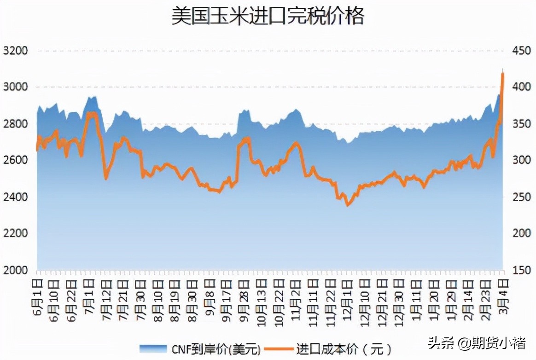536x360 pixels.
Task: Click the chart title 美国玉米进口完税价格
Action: (x=268, y=16)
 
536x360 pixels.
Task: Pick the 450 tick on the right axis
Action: (x=522, y=51)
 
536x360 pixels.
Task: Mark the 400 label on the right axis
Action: (x=522, y=87)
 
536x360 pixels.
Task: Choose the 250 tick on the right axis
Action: (x=522, y=197)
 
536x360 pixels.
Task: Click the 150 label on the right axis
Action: (x=522, y=270)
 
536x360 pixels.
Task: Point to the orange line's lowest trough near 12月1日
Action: (x=348, y=205)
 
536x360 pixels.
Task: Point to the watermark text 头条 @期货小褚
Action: (x=477, y=343)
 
